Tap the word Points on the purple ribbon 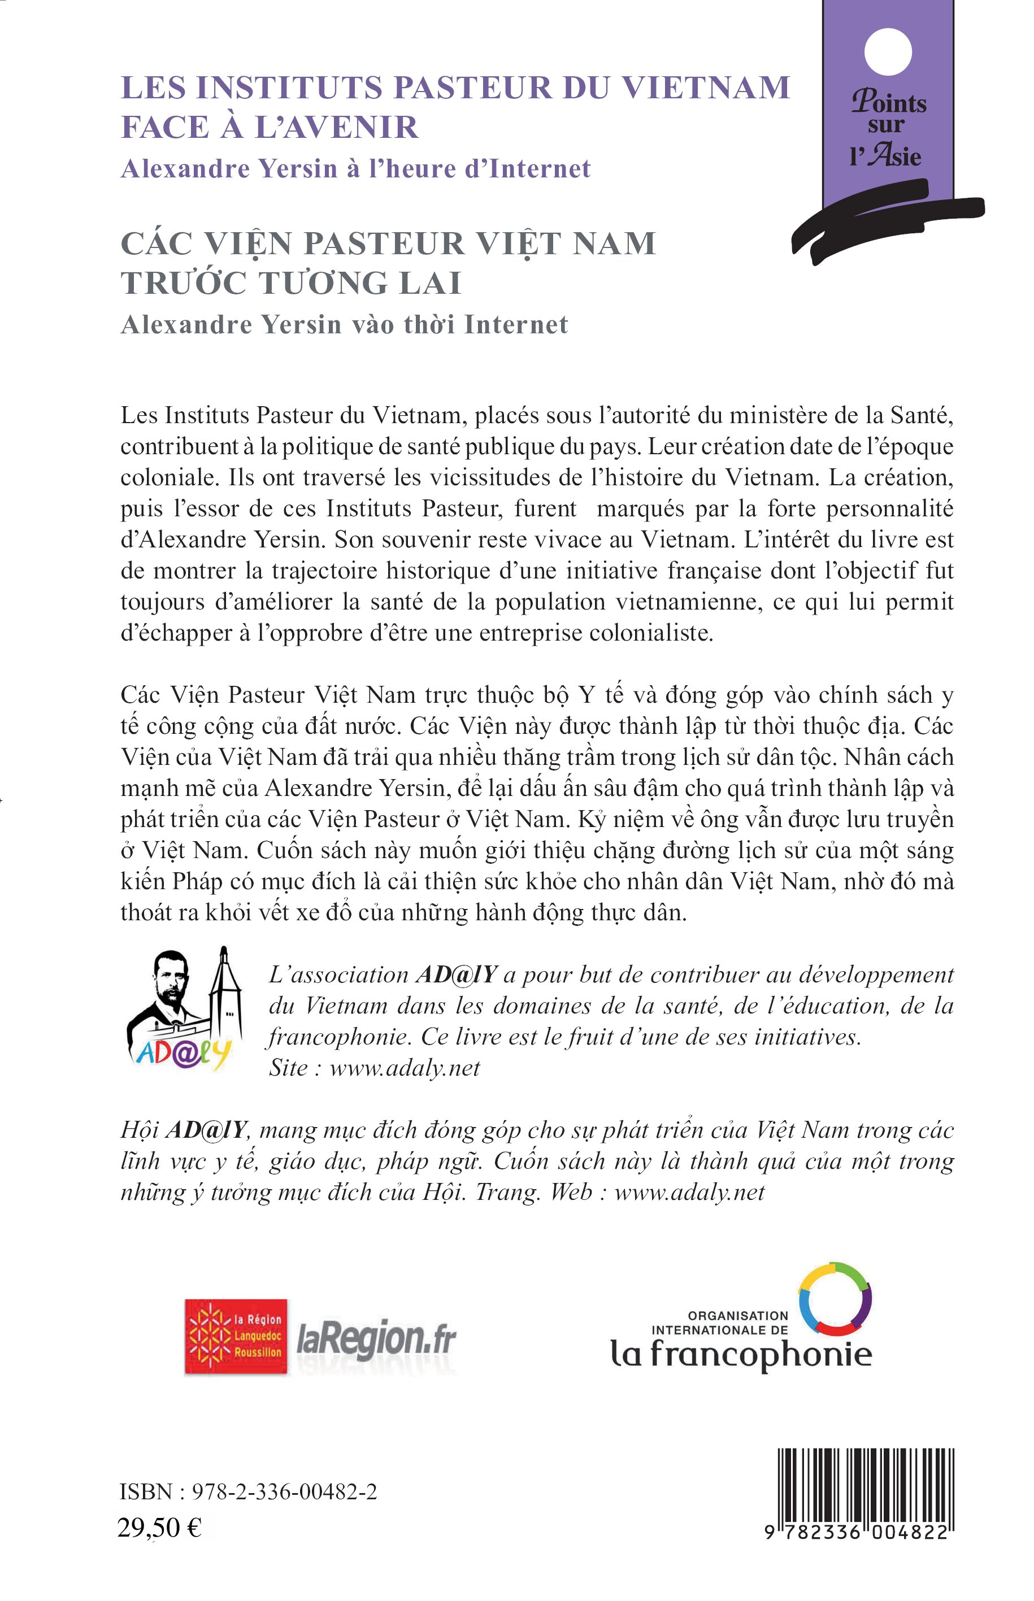click(x=889, y=103)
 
